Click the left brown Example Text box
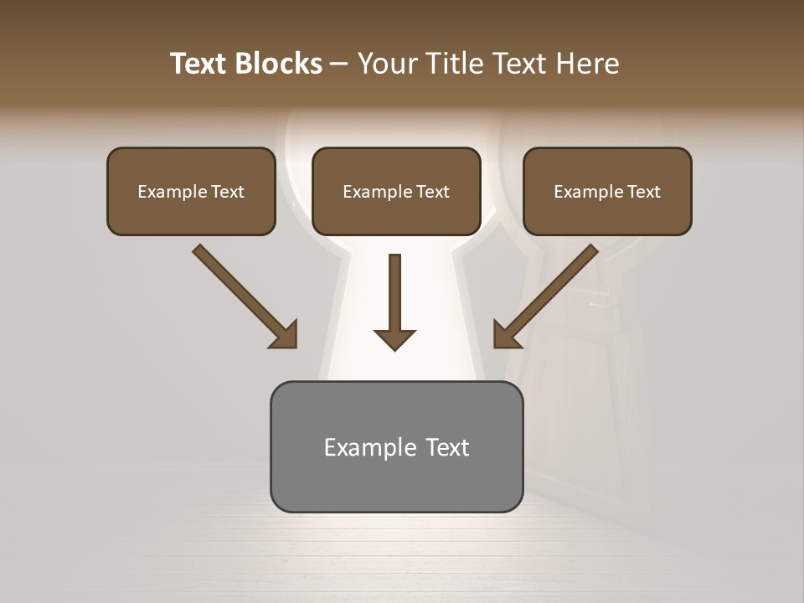coord(191,191)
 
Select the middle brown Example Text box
coord(396,191)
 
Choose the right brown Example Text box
coord(607,191)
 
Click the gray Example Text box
coord(396,446)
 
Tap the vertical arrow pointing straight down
coord(395,297)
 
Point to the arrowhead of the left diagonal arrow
coord(285,335)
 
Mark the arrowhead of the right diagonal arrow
coord(506,335)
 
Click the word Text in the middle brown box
coord(433,192)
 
